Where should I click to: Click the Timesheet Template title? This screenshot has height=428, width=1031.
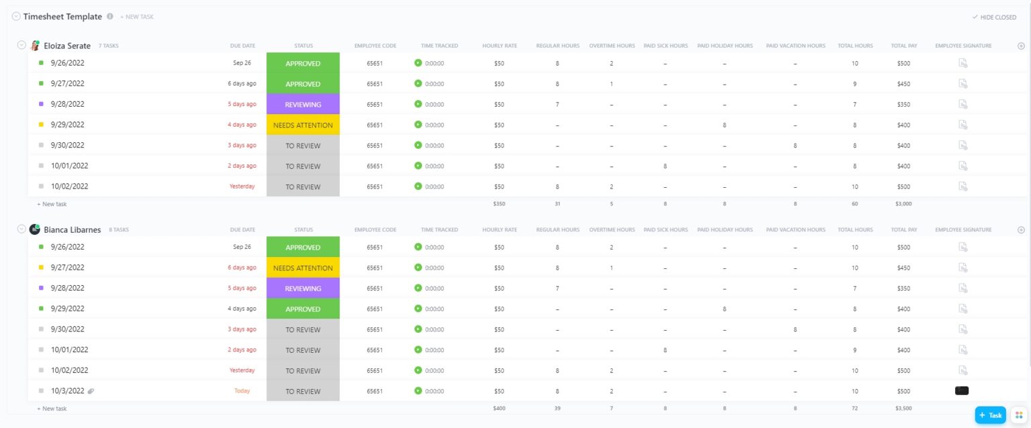pyautogui.click(x=62, y=17)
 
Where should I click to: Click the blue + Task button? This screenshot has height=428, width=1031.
pyautogui.click(x=990, y=415)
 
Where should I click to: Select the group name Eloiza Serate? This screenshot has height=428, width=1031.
pyautogui.click(x=67, y=46)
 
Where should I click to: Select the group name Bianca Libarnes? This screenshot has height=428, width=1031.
pyautogui.click(x=72, y=229)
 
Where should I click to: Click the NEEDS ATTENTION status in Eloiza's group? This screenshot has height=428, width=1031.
pyautogui.click(x=303, y=125)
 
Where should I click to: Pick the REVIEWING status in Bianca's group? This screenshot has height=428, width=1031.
pyautogui.click(x=303, y=288)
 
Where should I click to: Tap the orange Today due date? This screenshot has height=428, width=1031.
pyautogui.click(x=242, y=391)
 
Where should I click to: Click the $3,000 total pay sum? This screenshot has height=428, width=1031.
pyautogui.click(x=903, y=203)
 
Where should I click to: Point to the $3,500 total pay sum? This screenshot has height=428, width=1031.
pyautogui.click(x=903, y=408)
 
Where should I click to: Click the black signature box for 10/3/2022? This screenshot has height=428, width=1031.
pyautogui.click(x=962, y=390)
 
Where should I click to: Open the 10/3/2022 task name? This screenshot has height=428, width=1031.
pyautogui.click(x=67, y=391)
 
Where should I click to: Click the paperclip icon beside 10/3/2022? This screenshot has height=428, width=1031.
pyautogui.click(x=91, y=391)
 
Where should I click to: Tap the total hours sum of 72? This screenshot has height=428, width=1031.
pyautogui.click(x=855, y=408)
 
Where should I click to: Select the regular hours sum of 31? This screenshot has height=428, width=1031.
pyautogui.click(x=557, y=203)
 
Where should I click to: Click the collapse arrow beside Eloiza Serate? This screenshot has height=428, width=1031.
pyautogui.click(x=21, y=45)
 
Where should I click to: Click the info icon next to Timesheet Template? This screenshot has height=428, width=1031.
pyautogui.click(x=110, y=17)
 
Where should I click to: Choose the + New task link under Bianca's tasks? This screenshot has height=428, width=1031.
pyautogui.click(x=52, y=409)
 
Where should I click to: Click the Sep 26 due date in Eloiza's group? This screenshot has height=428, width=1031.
pyautogui.click(x=242, y=63)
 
